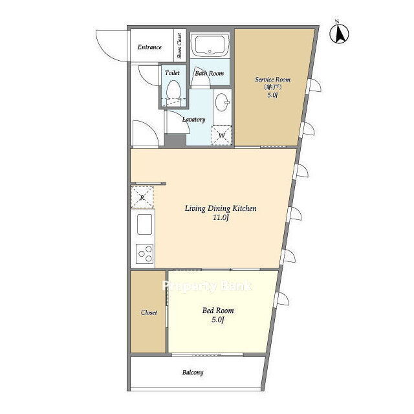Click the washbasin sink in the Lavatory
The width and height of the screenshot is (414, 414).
[222, 102]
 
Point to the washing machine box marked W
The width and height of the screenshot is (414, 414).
[221, 135]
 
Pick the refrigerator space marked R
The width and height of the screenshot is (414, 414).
[142, 197]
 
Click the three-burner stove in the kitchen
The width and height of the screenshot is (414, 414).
[144, 253]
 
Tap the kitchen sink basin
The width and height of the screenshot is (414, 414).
[144, 224]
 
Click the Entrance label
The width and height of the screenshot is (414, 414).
[149, 47]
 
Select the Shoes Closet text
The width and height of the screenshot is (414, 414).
[180, 46]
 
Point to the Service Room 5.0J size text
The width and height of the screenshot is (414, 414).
[272, 95]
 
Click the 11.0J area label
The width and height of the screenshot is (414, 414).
[221, 217]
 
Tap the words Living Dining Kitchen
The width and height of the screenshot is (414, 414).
[221, 208]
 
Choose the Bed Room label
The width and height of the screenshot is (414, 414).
[218, 310]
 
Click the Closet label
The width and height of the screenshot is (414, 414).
[149, 312]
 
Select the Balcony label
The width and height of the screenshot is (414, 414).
[193, 373]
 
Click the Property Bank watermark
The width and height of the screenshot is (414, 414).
[207, 286]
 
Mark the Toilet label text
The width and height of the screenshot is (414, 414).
[172, 72]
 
